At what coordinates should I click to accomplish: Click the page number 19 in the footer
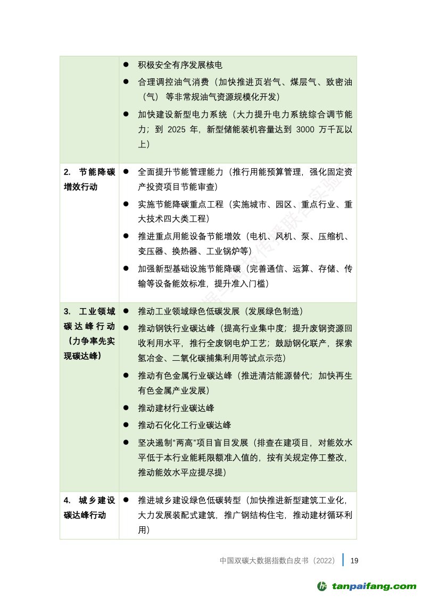coord(354,560)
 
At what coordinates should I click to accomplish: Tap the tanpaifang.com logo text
coord(374,586)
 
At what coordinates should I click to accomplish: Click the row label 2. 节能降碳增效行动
coord(89,179)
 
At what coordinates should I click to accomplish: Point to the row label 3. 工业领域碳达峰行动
coord(89,333)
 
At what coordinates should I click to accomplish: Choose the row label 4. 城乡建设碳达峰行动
coord(89,508)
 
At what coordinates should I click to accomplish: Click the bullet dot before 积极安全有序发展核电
coord(126,65)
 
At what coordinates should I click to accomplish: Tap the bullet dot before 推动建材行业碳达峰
coord(126,408)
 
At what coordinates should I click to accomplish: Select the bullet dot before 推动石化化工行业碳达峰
coord(126,425)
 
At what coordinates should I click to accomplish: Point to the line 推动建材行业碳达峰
coord(176,408)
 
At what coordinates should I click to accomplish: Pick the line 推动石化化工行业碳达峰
coord(184,425)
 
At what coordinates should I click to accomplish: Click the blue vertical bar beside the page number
coord(344,560)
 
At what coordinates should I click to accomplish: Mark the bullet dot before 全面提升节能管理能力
coord(126,172)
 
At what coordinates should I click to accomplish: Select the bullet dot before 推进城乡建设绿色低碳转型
coord(126,500)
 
